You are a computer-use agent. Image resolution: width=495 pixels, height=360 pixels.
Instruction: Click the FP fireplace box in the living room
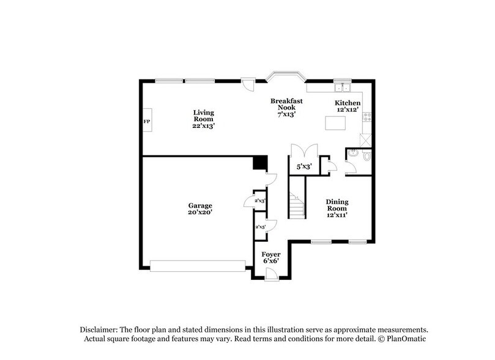(x=147, y=121)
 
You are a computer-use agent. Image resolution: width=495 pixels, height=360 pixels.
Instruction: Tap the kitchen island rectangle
(x=336, y=123)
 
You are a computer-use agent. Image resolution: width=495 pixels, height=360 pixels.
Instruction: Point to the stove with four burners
(x=367, y=116)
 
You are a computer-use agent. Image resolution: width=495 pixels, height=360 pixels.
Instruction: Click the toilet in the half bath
(x=367, y=157)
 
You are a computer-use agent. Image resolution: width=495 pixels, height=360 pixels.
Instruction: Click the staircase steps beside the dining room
(x=297, y=204)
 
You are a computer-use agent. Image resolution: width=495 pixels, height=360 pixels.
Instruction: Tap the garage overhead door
(x=198, y=266)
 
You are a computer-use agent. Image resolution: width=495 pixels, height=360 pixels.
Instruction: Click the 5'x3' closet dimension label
(x=304, y=166)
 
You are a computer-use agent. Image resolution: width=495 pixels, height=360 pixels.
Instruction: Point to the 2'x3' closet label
(x=259, y=201)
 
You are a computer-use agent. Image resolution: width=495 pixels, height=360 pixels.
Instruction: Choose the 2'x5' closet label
(x=259, y=227)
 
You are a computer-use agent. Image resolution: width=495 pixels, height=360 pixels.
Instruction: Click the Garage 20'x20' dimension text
(x=200, y=209)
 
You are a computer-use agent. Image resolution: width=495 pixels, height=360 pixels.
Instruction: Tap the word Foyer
(x=271, y=254)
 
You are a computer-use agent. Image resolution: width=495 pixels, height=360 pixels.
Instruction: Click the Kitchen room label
(x=347, y=103)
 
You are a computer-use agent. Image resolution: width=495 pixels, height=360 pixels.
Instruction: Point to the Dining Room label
(x=337, y=205)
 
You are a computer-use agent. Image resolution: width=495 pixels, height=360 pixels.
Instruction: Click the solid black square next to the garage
(x=260, y=163)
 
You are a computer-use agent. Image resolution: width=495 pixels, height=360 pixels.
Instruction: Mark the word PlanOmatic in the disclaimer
(x=405, y=339)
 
